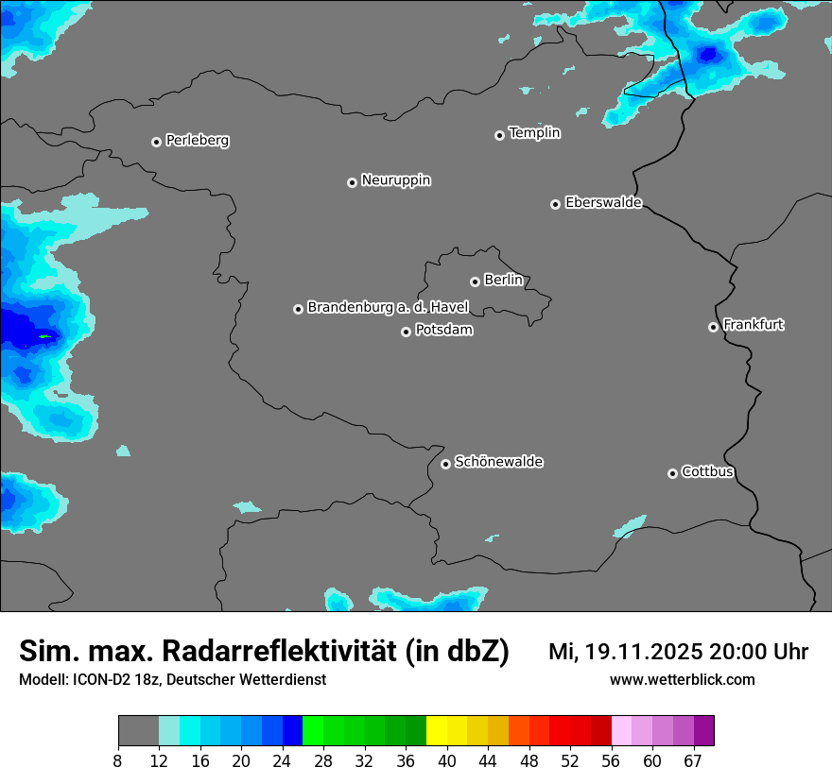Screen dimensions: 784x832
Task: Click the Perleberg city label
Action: coord(197,141)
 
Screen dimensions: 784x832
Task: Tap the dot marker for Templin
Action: coord(499,135)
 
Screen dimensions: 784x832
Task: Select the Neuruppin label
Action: coord(395,180)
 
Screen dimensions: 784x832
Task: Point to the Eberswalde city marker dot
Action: coord(555,204)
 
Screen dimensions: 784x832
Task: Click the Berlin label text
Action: coord(503,281)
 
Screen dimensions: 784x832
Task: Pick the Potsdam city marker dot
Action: coord(406,332)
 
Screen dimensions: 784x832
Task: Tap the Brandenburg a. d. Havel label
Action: coord(388,308)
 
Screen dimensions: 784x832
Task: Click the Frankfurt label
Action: coord(754,325)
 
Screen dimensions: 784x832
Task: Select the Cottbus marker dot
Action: coord(672,473)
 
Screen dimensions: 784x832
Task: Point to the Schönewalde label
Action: coord(498,462)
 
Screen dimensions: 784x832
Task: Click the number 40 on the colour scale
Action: coord(447,761)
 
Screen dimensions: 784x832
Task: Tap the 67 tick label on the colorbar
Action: coord(693,761)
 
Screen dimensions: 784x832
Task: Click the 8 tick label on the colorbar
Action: coord(118,761)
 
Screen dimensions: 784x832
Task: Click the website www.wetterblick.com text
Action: coord(682,680)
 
